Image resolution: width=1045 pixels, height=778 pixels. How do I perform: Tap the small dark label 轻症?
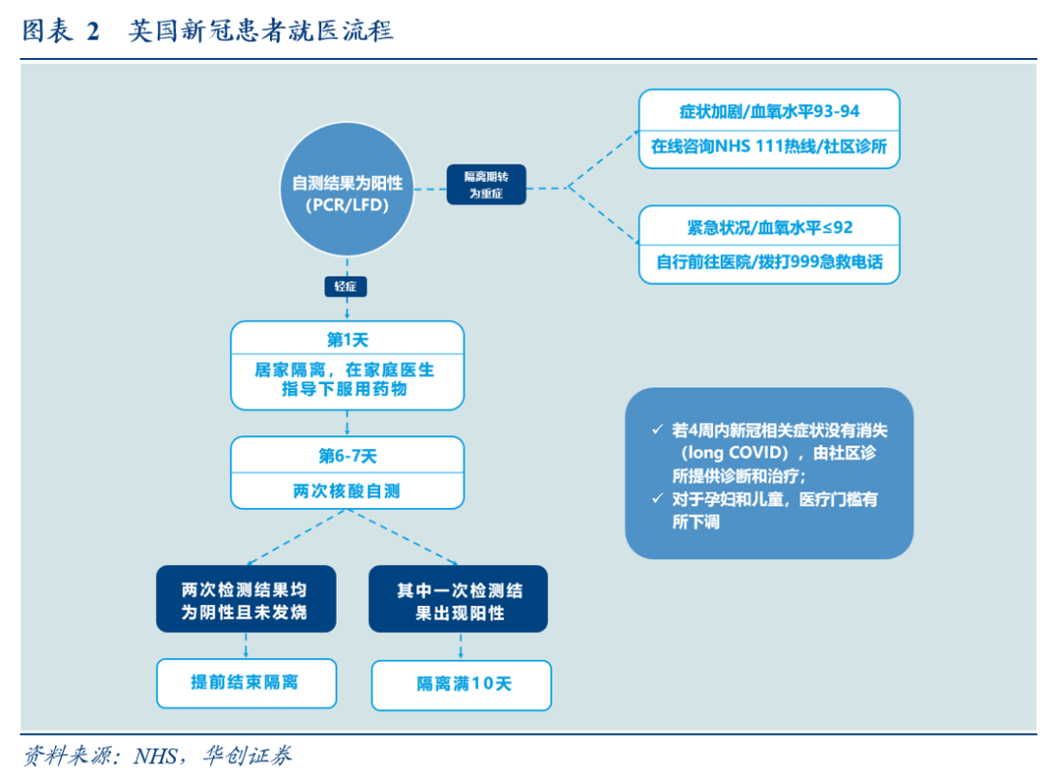coord(345,286)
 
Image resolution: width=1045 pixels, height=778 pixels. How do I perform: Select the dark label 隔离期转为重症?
coord(488,184)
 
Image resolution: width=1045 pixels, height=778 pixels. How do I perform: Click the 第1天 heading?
coord(347,340)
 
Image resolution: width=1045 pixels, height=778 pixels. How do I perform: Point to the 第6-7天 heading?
coord(347,455)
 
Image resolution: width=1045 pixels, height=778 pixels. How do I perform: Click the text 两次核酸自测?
coord(347,491)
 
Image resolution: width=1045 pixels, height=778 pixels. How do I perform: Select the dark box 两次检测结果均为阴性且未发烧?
coord(246,600)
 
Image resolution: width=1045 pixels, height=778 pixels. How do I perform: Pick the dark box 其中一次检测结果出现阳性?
coord(460,600)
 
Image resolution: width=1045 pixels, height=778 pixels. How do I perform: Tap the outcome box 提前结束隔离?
coord(246,682)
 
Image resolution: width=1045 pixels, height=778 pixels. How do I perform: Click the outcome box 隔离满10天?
coord(463,684)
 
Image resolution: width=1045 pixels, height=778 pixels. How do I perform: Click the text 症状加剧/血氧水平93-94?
coord(769,111)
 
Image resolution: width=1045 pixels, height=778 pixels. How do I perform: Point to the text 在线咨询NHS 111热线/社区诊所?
coord(769,147)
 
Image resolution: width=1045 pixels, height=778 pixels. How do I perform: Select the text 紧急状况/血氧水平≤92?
coord(769,227)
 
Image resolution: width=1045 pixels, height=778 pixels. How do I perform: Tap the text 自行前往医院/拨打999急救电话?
coord(769,262)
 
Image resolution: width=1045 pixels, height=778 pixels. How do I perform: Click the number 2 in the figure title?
coord(93,31)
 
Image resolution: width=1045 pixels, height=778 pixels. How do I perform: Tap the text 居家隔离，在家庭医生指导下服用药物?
coord(347,379)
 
